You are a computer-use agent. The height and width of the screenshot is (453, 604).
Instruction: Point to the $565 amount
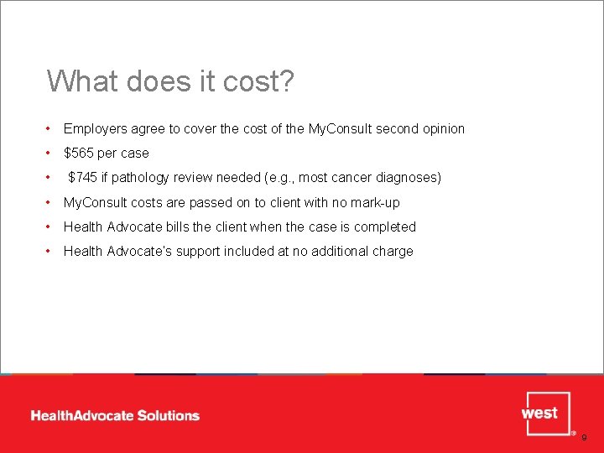pyautogui.click(x=81, y=154)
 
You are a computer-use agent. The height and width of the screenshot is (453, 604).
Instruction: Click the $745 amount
pyautogui.click(x=82, y=178)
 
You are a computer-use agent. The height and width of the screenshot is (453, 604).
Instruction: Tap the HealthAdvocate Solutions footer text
pyautogui.click(x=115, y=415)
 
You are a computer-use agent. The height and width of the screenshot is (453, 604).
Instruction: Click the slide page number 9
pyautogui.click(x=585, y=438)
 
